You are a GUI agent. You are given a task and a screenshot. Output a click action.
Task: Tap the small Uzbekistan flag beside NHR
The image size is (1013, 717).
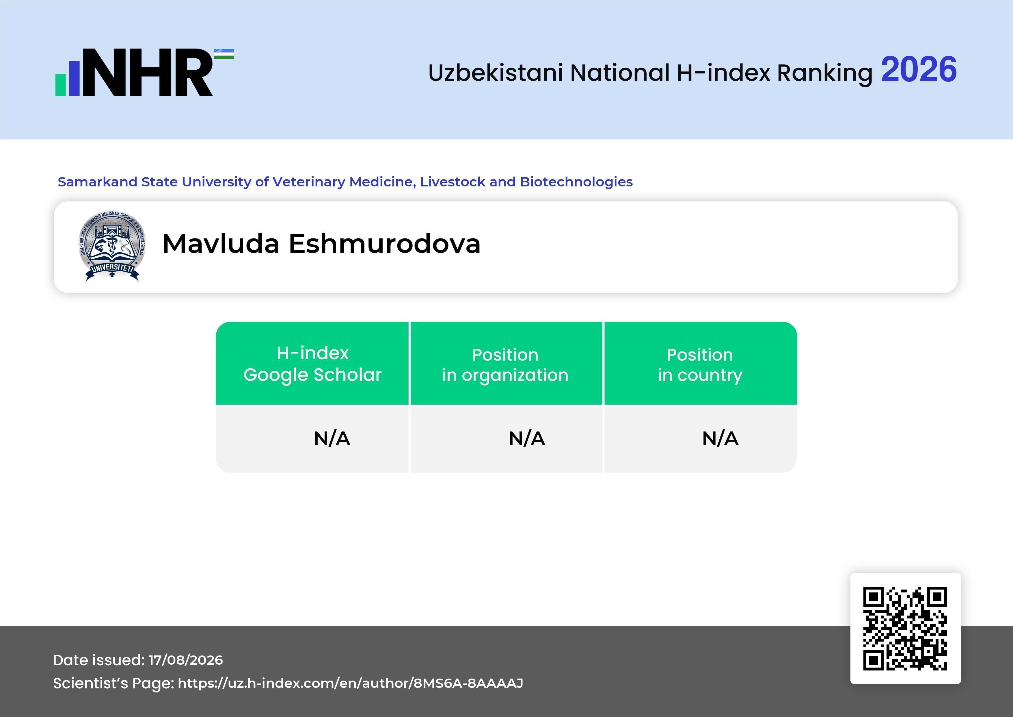224,54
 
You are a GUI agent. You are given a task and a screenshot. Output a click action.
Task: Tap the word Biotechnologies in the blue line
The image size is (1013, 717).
576,182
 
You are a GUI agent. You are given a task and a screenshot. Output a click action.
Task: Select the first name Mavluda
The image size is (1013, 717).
221,243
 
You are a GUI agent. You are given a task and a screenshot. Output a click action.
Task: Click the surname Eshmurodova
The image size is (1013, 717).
385,243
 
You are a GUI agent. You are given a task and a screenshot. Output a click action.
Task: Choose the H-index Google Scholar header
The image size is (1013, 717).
312,364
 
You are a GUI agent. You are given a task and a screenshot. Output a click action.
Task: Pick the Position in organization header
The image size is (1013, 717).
505,365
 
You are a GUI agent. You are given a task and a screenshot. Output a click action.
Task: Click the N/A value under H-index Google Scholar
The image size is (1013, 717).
332,438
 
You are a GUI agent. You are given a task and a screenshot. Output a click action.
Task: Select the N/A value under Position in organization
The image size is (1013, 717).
527,438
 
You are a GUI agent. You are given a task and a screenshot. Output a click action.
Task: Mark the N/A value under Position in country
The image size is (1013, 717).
720,438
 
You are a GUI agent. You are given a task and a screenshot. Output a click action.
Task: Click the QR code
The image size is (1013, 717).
905,628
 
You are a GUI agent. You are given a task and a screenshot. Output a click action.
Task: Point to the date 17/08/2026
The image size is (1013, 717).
186,660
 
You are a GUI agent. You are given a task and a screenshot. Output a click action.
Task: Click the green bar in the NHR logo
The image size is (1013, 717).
60,84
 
